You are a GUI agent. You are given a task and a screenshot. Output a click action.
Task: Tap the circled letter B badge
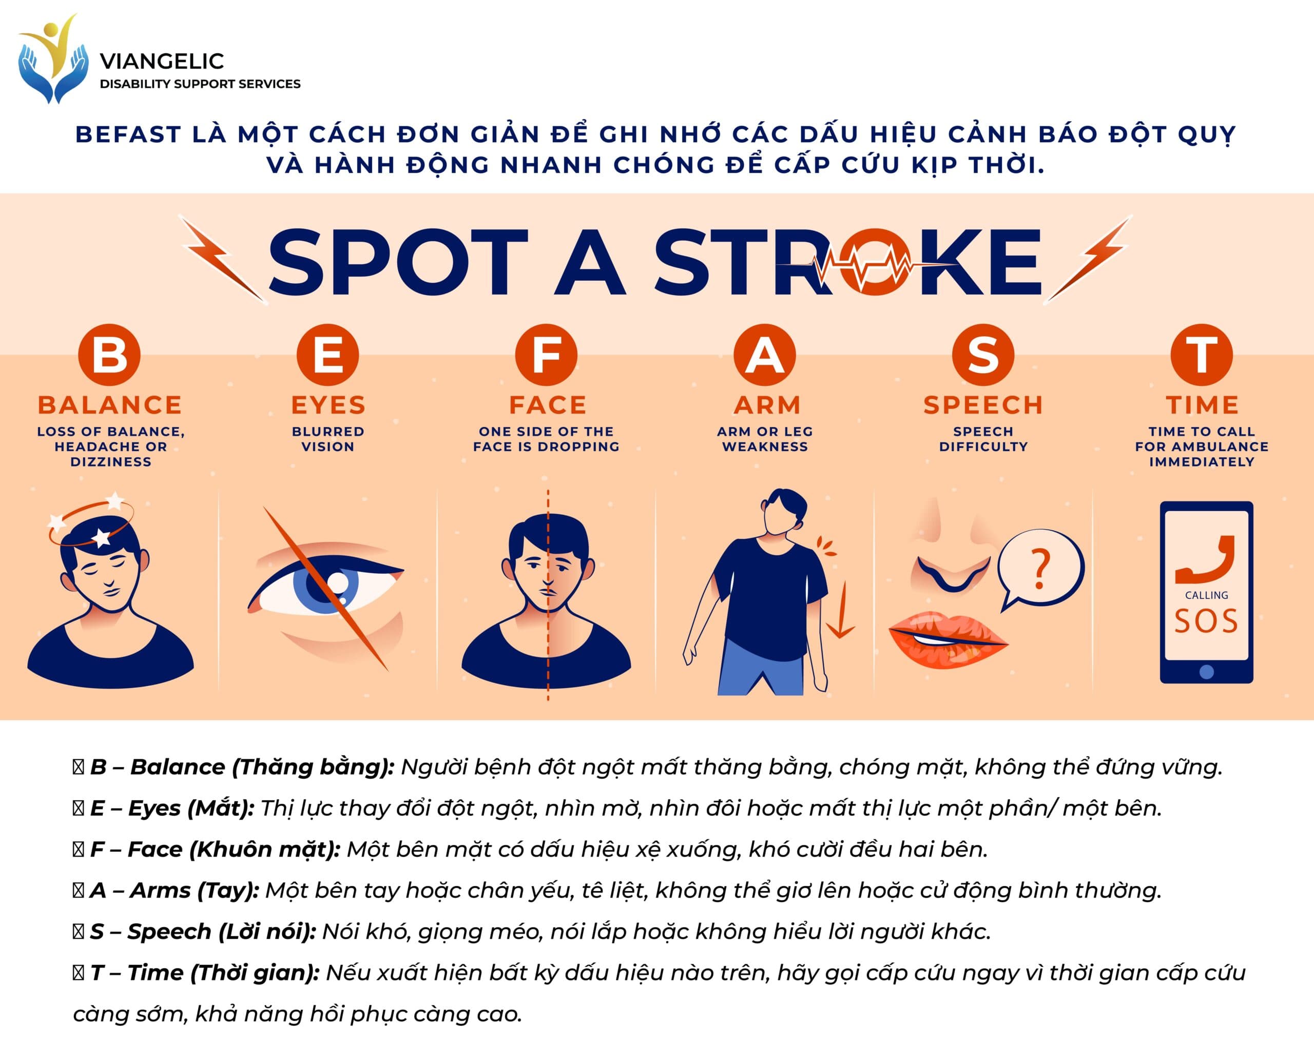click(110, 355)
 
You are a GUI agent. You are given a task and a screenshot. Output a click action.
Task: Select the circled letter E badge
click(328, 355)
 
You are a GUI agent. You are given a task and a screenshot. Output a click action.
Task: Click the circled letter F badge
click(547, 355)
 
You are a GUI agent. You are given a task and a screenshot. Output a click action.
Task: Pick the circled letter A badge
click(765, 355)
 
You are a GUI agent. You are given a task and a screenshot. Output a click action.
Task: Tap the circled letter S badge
click(983, 355)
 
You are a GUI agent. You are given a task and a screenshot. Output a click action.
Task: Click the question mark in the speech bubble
click(1041, 568)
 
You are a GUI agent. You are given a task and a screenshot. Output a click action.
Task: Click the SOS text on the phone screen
click(1206, 621)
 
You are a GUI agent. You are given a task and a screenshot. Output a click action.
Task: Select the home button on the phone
click(1206, 672)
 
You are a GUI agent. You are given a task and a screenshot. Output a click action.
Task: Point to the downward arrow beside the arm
click(843, 610)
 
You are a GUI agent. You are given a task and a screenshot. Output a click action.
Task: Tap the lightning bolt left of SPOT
click(224, 258)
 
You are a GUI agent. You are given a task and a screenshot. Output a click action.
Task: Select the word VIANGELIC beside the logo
click(162, 61)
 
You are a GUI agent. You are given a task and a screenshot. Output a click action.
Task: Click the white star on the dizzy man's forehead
click(101, 537)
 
